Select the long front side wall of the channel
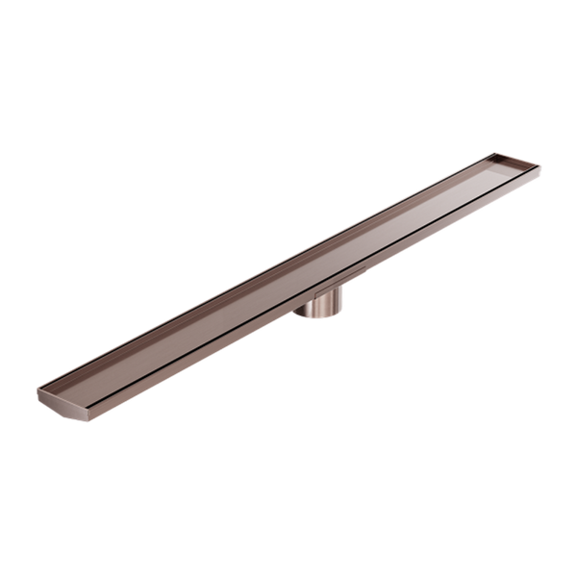tap(288, 309)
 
